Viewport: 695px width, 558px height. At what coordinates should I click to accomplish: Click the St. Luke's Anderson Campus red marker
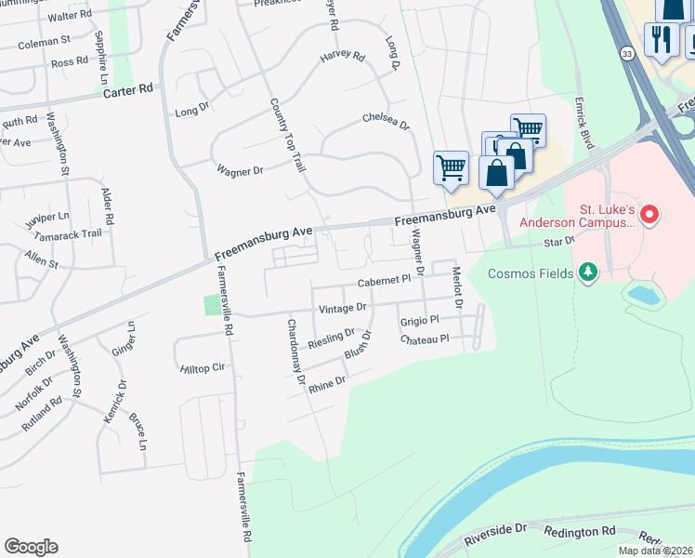649,216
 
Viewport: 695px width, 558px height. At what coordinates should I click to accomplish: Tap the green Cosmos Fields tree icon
586,272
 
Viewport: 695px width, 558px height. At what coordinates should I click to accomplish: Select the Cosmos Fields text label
531,272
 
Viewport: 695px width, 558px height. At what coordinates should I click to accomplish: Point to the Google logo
32,547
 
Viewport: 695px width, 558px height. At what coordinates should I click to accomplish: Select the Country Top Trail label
287,135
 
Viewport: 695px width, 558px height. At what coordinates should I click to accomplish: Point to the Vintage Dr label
343,306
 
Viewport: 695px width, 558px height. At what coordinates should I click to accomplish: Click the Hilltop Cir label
203,368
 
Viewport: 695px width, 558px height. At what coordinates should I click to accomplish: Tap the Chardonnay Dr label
295,352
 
